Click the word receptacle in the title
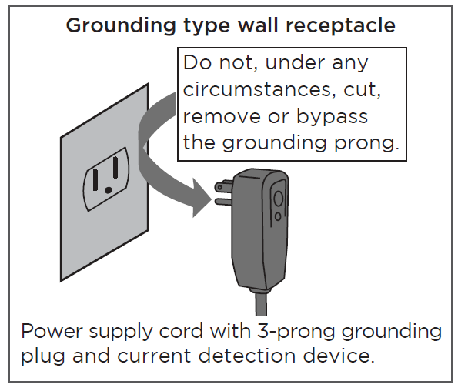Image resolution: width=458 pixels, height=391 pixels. click(340, 25)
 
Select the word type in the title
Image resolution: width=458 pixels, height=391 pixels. click(206, 27)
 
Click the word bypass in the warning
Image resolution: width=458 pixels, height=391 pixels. click(332, 117)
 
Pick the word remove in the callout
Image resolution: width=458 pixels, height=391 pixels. click(222, 116)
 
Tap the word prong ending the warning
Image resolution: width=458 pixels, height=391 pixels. click(366, 144)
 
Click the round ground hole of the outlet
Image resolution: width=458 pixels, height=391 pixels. click(108, 190)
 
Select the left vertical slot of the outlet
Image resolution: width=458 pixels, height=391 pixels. click(95, 180)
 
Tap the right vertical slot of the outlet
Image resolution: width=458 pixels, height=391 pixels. click(115, 167)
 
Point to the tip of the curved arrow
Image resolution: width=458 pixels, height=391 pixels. click(211, 199)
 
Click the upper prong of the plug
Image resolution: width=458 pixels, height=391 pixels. click(224, 186)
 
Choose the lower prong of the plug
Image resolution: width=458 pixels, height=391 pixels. click(223, 201)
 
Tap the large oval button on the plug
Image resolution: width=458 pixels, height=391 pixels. click(278, 200)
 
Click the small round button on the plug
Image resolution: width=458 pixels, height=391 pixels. click(278, 216)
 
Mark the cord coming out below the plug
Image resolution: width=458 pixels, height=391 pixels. click(261, 303)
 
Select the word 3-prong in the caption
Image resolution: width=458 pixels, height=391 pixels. click(296, 333)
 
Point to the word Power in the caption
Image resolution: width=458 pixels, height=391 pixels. click(52, 332)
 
